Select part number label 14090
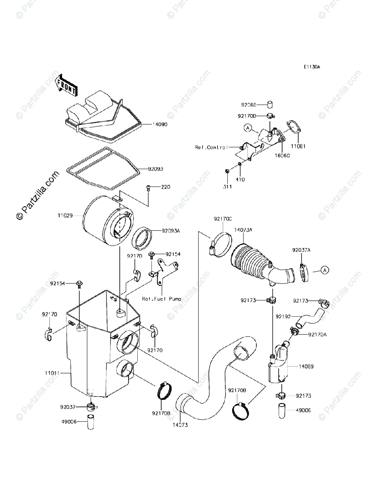160,125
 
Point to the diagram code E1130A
313,67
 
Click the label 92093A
171,231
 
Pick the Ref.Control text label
212,147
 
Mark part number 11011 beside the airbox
53,371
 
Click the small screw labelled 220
148,188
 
